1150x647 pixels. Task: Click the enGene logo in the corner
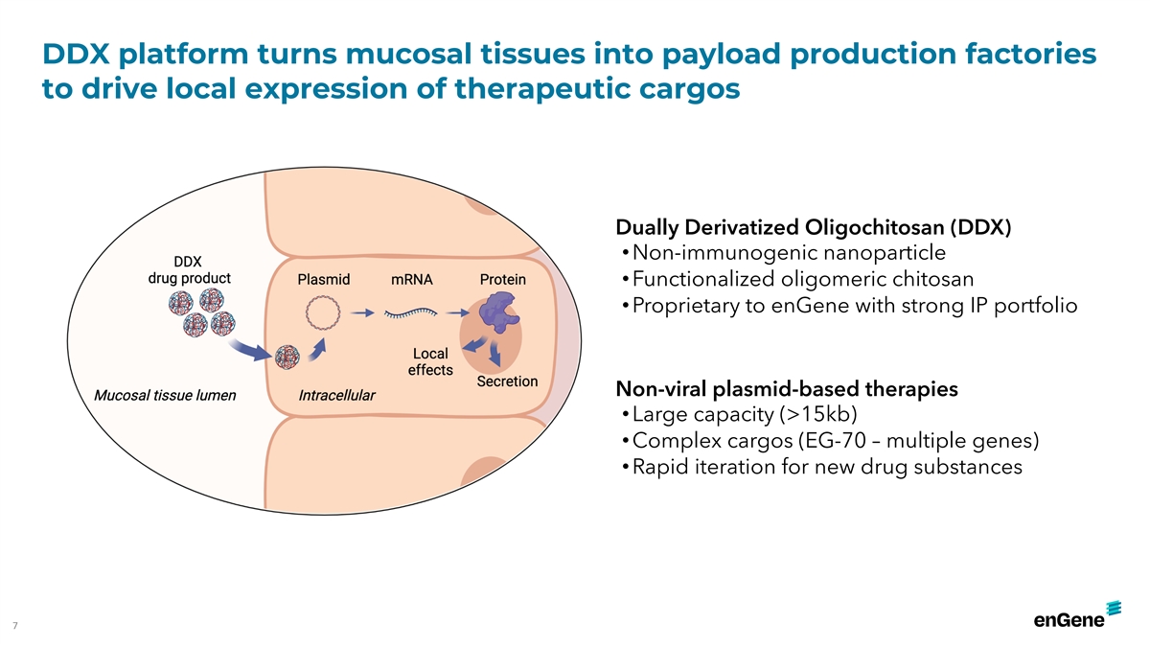[x=1077, y=615]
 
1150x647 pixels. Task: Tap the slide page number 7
[x=15, y=625]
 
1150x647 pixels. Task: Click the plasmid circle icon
[x=323, y=312]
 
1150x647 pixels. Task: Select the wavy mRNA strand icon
[x=411, y=312]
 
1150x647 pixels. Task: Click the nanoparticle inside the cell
[x=287, y=357]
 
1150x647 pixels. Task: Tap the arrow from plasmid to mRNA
[x=363, y=312]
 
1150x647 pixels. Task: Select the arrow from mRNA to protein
[x=458, y=312]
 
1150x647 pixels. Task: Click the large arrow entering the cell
[x=250, y=350]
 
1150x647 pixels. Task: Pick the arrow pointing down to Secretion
[x=494, y=354]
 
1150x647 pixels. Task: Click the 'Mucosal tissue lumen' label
[x=165, y=395]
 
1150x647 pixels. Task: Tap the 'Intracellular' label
[x=336, y=395]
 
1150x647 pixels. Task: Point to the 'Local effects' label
[x=430, y=361]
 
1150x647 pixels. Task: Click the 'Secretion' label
[x=507, y=381]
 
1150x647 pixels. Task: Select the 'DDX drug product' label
[x=189, y=270]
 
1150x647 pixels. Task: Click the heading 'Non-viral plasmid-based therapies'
[x=787, y=389]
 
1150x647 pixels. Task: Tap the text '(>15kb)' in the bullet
[x=817, y=414]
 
